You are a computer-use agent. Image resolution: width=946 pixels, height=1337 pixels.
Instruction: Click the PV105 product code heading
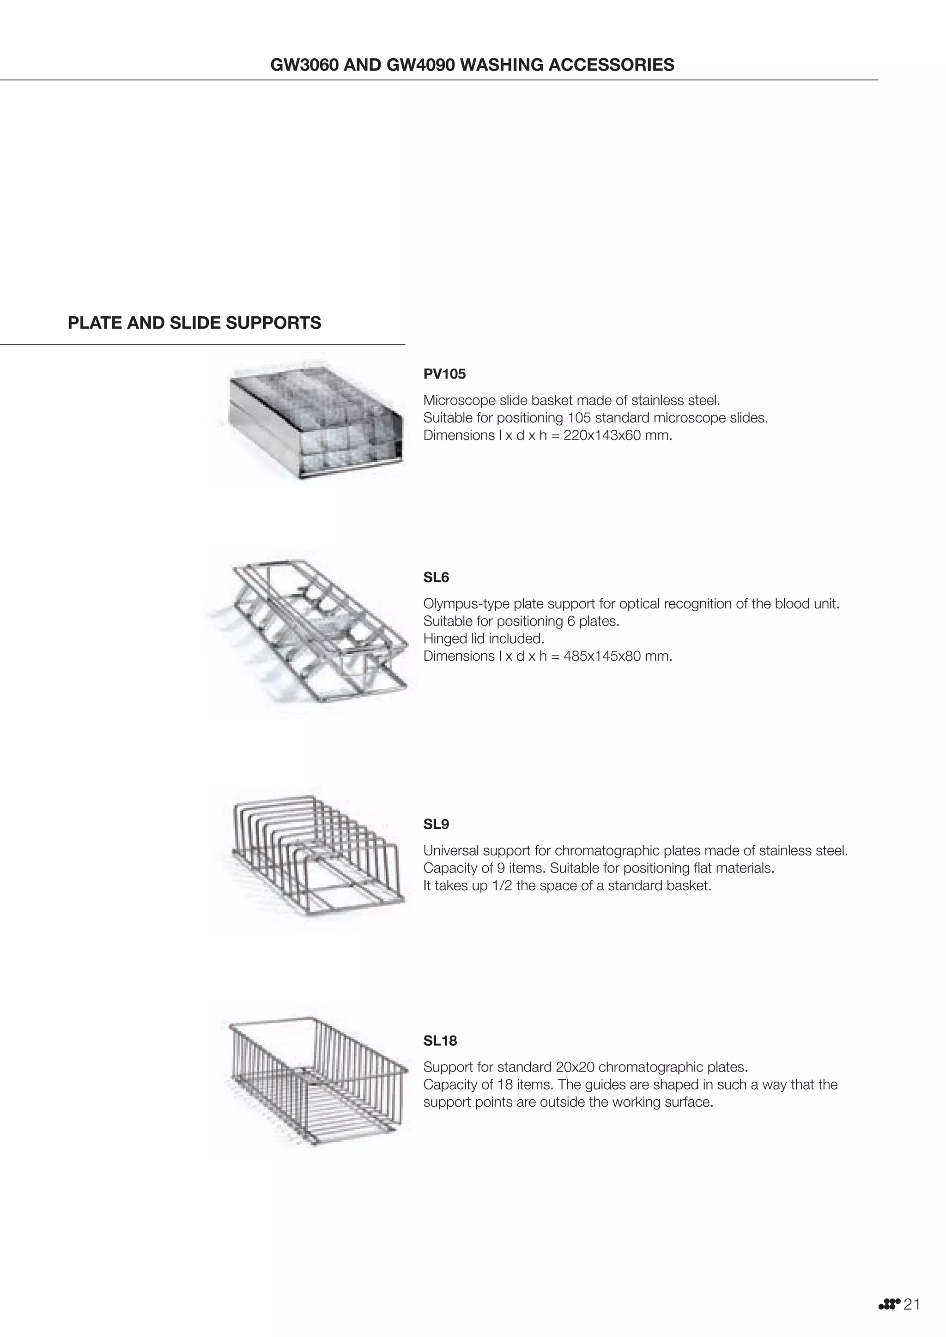pos(444,374)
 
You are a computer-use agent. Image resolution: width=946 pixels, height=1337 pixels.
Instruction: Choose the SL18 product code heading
pos(440,1040)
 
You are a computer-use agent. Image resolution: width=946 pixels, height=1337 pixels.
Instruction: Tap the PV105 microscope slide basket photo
pos(315,422)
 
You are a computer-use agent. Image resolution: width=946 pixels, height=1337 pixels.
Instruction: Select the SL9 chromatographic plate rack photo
pos(315,856)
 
